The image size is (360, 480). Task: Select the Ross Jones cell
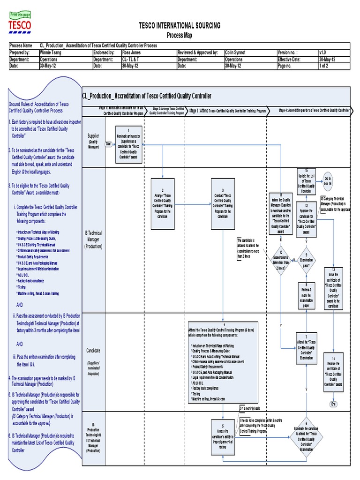(133, 53)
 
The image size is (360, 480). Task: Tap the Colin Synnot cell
(235, 53)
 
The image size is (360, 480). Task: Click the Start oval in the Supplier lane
(109, 143)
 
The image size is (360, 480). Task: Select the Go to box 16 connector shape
(328, 181)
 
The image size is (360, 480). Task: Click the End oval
(334, 404)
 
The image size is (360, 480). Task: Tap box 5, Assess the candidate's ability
(222, 434)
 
